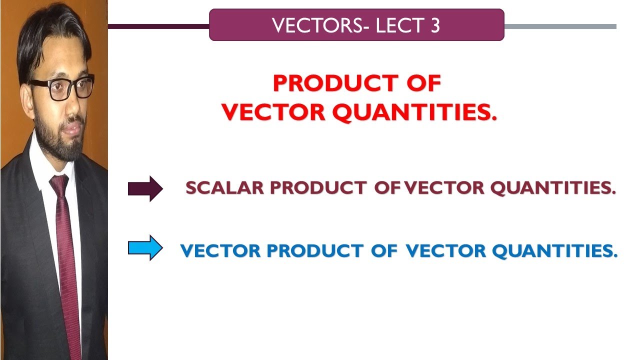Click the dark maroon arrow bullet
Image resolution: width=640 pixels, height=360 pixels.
[x=145, y=188]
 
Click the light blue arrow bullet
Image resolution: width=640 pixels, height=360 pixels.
[x=145, y=248]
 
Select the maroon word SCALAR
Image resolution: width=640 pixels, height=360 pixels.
[x=224, y=188]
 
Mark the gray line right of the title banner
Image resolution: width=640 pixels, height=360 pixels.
[x=560, y=26]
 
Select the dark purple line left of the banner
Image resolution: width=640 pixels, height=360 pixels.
[x=158, y=26]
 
